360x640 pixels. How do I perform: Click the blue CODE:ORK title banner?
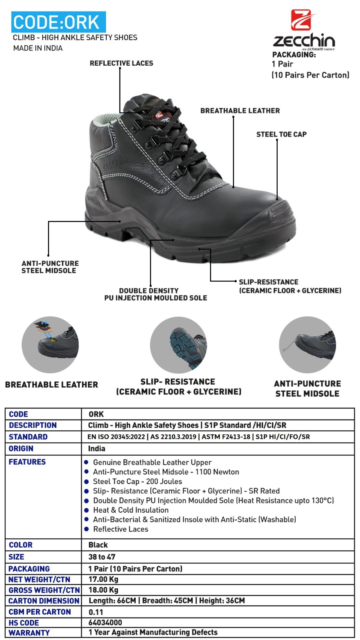point(58,22)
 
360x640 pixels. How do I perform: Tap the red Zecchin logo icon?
point(301,20)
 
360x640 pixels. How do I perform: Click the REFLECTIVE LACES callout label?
point(121,63)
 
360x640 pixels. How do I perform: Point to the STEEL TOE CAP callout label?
point(281,134)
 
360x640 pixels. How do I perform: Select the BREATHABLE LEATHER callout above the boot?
point(240,111)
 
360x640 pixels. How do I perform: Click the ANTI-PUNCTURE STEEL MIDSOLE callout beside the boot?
point(50,267)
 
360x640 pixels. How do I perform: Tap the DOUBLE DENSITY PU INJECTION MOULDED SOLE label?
point(155,294)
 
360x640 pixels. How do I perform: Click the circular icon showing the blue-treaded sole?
point(178,345)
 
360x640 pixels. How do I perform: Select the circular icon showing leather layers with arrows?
point(50,345)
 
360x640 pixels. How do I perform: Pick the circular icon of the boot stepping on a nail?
point(307,345)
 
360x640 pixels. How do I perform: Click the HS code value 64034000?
point(105,622)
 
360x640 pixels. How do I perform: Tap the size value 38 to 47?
point(102,557)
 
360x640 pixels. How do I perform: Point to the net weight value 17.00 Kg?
point(103,579)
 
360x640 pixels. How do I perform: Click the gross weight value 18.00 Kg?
point(103,590)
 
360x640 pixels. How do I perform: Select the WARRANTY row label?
point(29,633)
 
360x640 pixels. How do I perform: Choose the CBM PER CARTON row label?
point(40,612)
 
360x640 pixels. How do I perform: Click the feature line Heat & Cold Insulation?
point(131,510)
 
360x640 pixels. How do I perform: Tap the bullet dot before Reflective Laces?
point(86,529)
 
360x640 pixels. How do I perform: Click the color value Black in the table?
point(98,545)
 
